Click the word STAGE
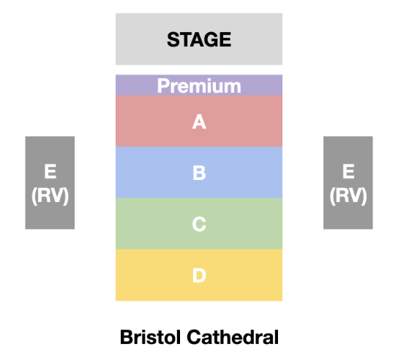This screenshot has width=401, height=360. (199, 40)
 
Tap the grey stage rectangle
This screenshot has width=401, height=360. (199, 39)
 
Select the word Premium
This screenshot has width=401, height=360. (199, 86)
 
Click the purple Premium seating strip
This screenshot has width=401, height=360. (199, 85)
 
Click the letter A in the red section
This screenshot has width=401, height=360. (199, 121)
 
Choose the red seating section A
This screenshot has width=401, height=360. (199, 121)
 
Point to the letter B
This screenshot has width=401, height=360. (199, 173)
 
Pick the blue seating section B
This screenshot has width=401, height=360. (199, 173)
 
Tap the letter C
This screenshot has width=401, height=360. (199, 224)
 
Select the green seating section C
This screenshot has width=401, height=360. (199, 224)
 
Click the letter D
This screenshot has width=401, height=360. (199, 275)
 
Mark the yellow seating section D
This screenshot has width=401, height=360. (199, 275)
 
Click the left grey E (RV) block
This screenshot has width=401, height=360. (50, 182)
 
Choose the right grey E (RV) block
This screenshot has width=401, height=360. (348, 182)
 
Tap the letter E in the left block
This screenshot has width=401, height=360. (50, 171)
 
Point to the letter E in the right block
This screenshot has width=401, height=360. (348, 171)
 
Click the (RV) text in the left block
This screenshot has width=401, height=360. (50, 196)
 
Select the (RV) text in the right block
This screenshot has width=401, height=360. (348, 196)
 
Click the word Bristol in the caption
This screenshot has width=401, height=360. (151, 337)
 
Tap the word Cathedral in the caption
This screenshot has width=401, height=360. (233, 337)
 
